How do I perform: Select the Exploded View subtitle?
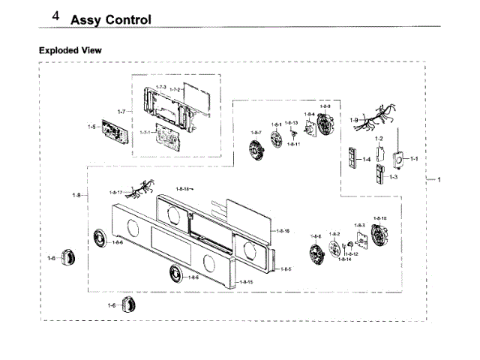(70, 50)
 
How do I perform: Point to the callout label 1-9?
(353, 120)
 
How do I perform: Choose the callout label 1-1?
(413, 159)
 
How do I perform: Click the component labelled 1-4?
(350, 158)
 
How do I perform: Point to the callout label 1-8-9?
(325, 107)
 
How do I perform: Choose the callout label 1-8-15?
(245, 282)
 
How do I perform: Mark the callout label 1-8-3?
(359, 226)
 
